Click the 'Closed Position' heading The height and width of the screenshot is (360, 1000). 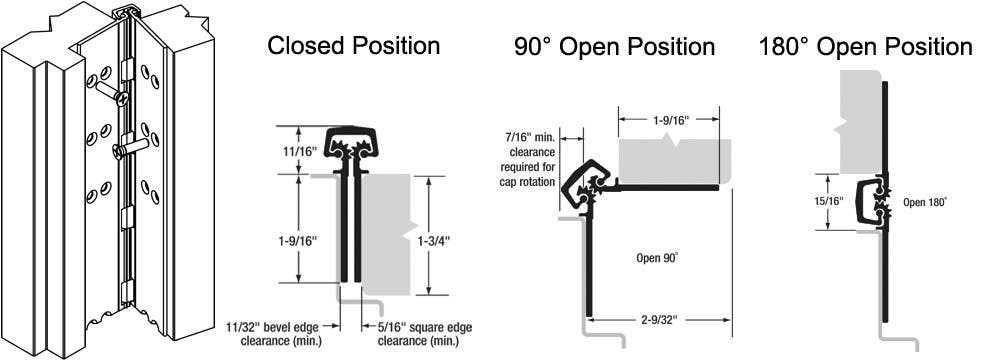click(354, 45)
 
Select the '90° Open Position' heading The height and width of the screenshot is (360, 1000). click(614, 47)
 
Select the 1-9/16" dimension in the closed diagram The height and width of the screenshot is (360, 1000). click(297, 239)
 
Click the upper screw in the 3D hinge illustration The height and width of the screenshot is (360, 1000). click(117, 97)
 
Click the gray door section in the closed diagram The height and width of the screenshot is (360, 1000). click(385, 235)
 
